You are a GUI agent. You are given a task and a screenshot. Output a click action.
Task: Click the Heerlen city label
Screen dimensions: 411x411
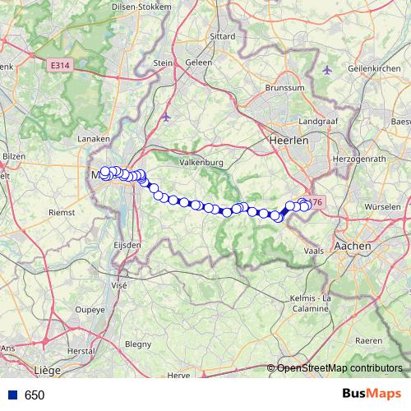(288, 141)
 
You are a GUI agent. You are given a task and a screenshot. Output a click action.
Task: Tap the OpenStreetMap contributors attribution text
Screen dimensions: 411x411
(340, 368)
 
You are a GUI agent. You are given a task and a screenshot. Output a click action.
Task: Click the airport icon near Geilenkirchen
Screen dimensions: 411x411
(328, 70)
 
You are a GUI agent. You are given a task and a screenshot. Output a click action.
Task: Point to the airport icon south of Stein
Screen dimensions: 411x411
(167, 117)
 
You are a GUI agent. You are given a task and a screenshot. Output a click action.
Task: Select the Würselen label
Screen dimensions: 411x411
(382, 206)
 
